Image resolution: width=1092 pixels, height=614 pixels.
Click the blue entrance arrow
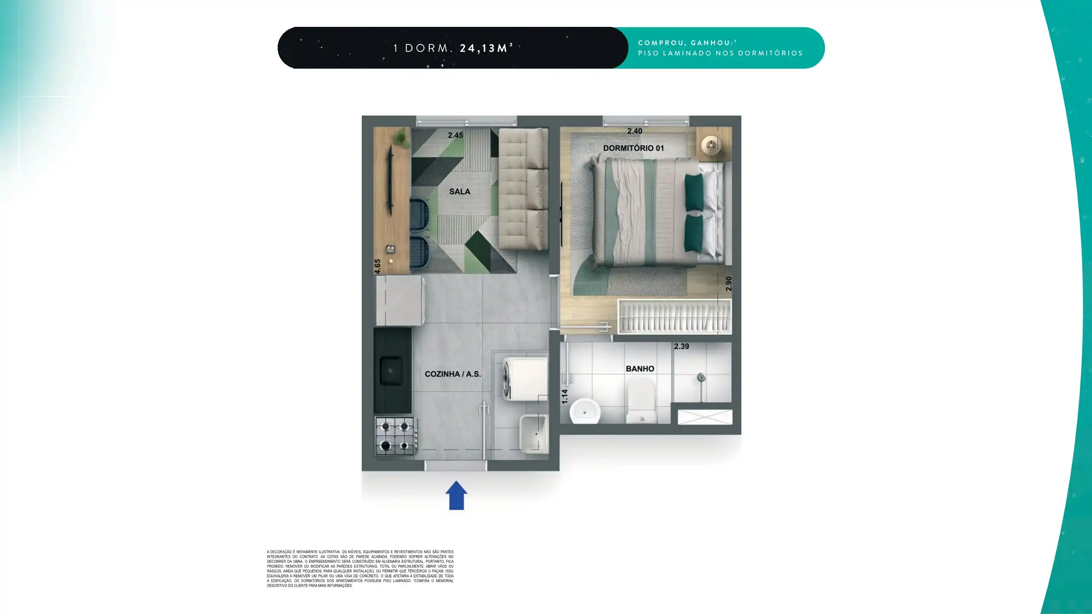[456, 495]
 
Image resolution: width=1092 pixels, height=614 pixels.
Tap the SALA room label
[460, 191]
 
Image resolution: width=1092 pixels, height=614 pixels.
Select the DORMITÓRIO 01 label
[633, 148]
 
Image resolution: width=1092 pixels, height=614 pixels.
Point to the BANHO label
[640, 369]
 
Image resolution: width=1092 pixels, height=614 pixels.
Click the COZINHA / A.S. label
[453, 374]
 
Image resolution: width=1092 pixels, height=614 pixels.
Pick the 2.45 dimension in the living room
[455, 135]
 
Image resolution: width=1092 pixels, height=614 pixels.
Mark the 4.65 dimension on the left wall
[378, 266]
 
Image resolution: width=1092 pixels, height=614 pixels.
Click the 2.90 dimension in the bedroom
[729, 284]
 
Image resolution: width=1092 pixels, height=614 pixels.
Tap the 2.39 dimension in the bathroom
[681, 346]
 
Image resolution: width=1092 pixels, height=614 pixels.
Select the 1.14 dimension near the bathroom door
[565, 397]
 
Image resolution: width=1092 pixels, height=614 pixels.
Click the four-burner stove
[395, 436]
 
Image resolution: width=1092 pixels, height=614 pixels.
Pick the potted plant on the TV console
[400, 138]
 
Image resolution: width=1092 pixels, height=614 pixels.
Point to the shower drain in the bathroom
[701, 377]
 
